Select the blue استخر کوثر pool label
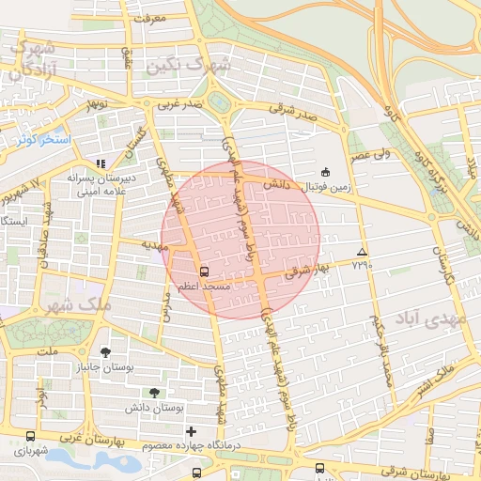coord(42,139)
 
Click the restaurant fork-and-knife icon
coord(101,163)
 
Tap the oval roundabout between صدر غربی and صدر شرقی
coord(220,102)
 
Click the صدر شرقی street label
coord(292,109)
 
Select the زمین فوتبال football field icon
coord(325,172)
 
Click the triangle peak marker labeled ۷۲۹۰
coord(363,252)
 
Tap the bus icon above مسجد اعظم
coord(205,271)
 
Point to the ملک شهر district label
coord(78,306)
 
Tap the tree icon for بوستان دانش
coord(153,393)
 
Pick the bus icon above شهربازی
coord(31,436)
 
